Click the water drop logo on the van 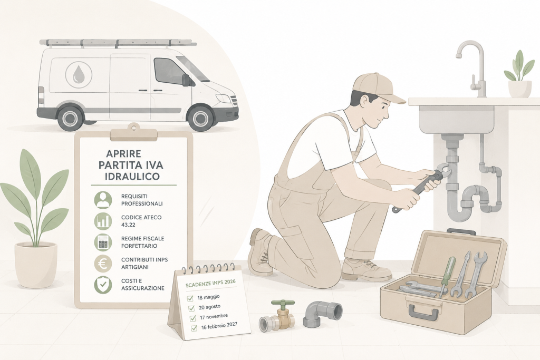[x=79, y=75]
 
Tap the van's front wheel [x=200, y=118]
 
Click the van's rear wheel [x=71, y=118]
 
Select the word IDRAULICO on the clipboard [x=132, y=176]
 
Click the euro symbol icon [x=103, y=264]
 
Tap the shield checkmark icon [x=103, y=285]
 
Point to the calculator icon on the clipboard [x=103, y=242]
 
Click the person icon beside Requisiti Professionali [x=103, y=200]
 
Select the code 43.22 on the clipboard [x=128, y=225]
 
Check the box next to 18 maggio [x=190, y=298]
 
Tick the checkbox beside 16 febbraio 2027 [x=194, y=328]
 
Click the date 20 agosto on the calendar [x=210, y=307]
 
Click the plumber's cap [x=378, y=88]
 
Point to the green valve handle [x=283, y=304]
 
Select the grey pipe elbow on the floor [x=323, y=314]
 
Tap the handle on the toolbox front [x=423, y=312]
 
